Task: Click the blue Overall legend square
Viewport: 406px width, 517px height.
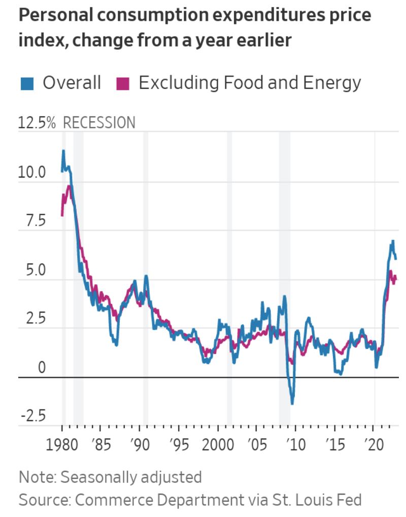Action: coord(26,83)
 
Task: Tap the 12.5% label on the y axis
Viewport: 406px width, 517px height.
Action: coord(37,123)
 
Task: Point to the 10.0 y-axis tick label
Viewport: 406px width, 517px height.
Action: coord(31,173)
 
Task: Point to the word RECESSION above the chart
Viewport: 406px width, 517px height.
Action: coord(99,123)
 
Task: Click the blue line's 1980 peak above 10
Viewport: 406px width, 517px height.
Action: coord(63,151)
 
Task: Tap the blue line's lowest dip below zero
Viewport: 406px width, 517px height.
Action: coord(292,403)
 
